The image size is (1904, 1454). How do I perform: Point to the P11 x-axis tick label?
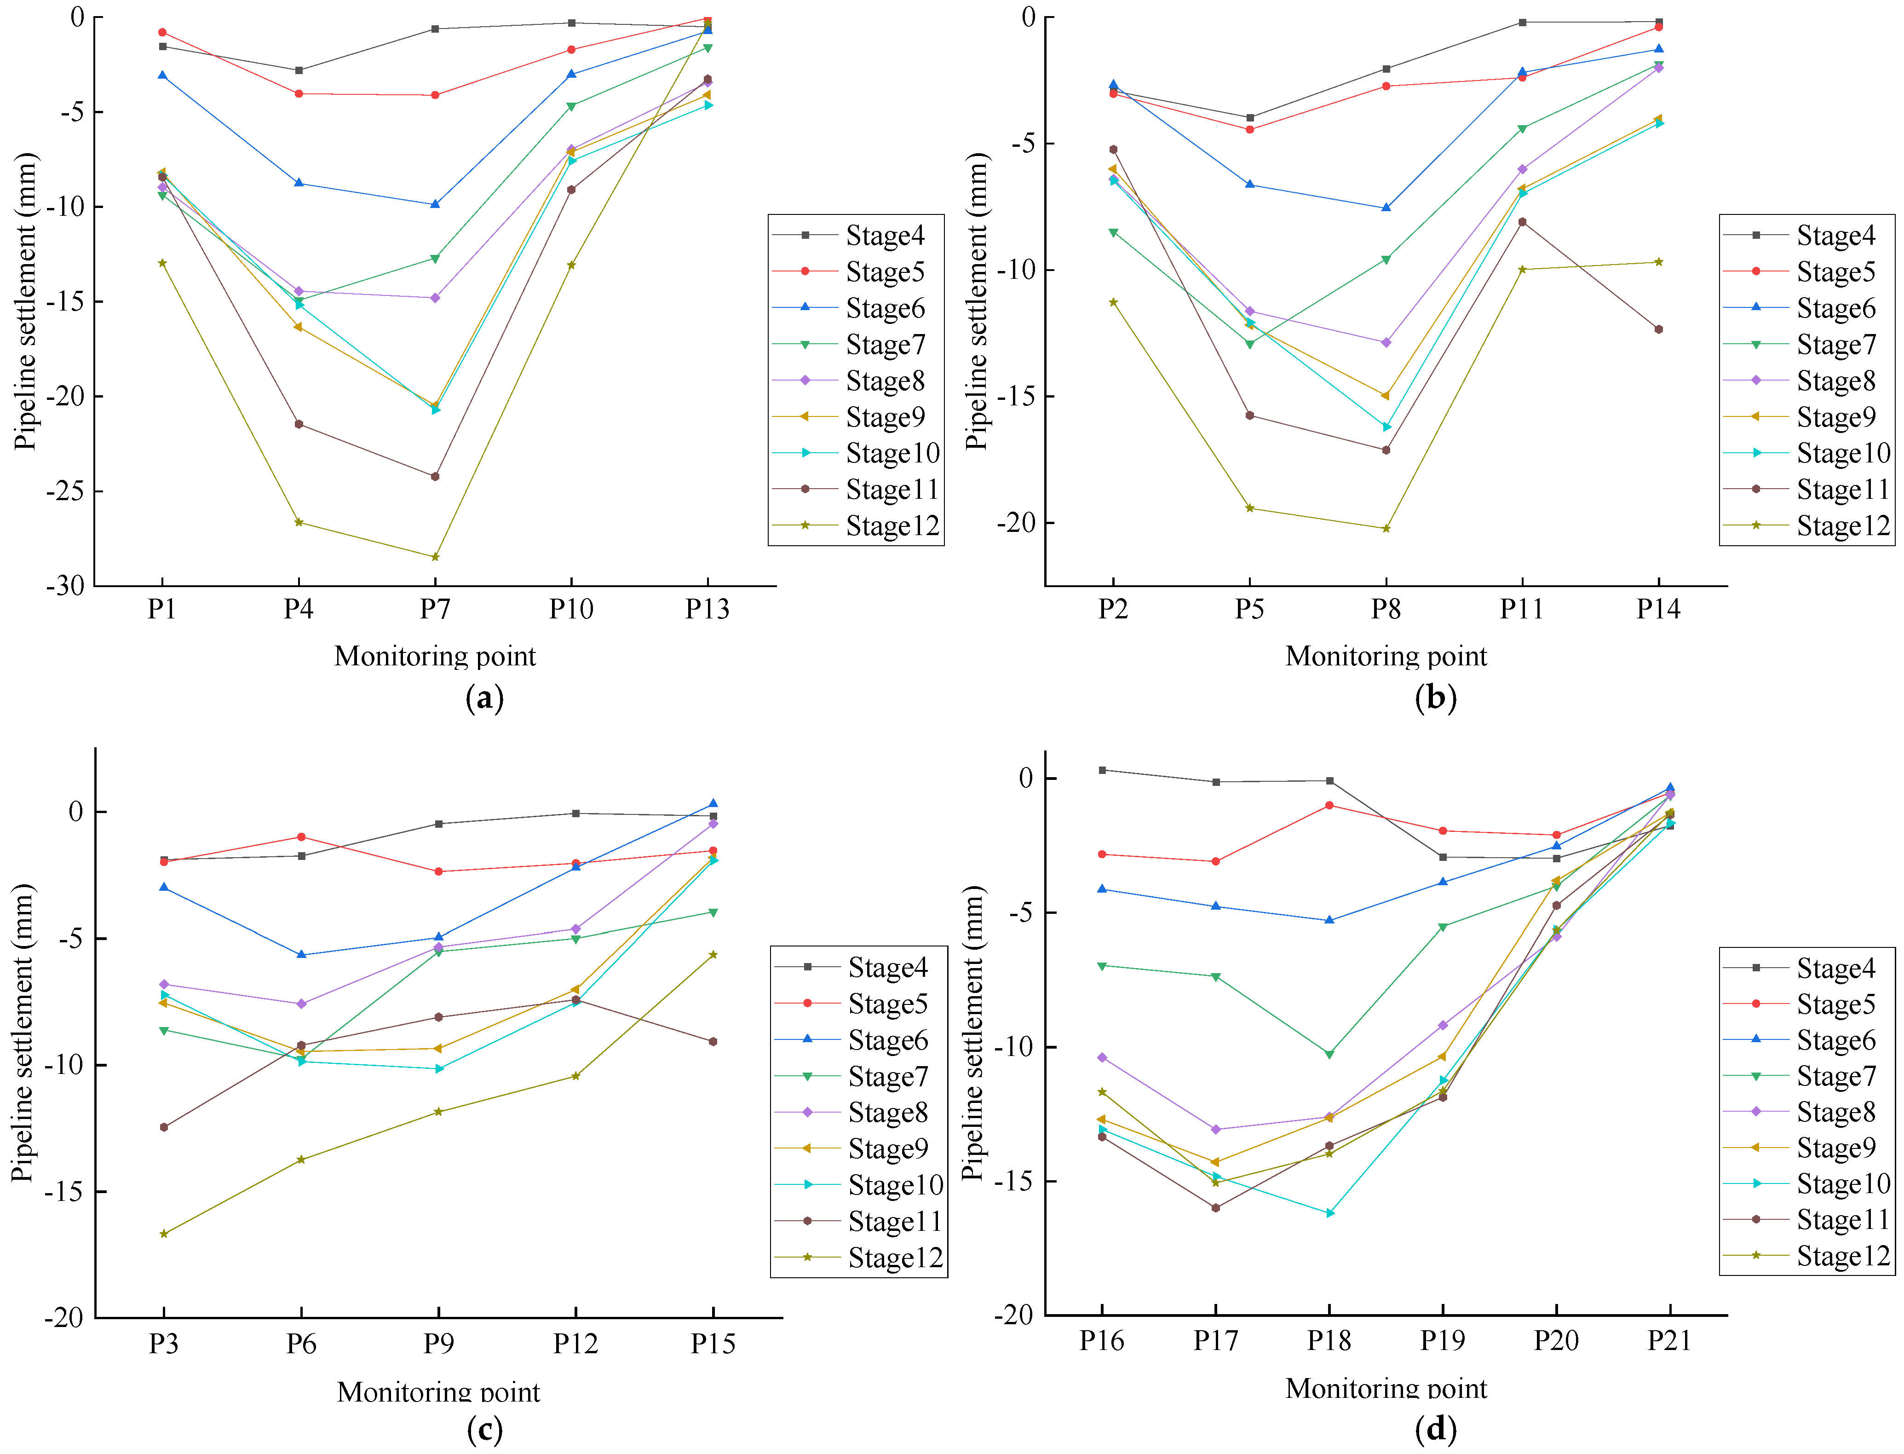[1522, 609]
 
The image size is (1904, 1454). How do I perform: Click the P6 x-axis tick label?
[301, 1343]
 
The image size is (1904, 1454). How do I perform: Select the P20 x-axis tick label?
[1556, 1341]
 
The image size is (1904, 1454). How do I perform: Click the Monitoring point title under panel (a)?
[435, 656]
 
